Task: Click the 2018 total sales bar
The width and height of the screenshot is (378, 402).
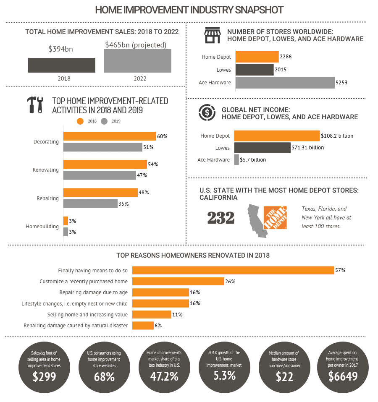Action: [x=61, y=65]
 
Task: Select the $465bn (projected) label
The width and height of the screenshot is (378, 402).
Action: [x=136, y=44]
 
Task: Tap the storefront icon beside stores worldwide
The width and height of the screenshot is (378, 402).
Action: [x=213, y=35]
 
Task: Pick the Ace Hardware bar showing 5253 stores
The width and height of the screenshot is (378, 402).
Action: [x=285, y=82]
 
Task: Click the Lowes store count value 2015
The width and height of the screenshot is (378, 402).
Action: [x=281, y=70]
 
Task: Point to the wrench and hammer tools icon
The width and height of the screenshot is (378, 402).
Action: [x=35, y=105]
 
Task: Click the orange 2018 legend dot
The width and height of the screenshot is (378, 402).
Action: [x=80, y=121]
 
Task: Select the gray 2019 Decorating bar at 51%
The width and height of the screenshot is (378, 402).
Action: [x=102, y=147]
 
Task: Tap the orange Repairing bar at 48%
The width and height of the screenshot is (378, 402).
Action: [x=100, y=193]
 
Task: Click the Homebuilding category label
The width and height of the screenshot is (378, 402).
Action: [x=42, y=227]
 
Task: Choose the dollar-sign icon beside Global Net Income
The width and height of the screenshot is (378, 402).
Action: [x=207, y=112]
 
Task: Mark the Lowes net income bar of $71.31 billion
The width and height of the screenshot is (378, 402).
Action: [x=262, y=148]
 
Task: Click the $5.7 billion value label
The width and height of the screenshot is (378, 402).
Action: [x=253, y=160]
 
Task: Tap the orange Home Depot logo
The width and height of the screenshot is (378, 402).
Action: [x=275, y=217]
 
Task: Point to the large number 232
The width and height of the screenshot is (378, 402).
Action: [x=221, y=218]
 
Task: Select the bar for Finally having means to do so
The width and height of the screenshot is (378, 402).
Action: [x=233, y=270]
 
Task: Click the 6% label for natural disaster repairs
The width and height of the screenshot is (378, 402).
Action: [x=158, y=325]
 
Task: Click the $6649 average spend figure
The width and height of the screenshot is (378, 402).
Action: [x=343, y=376]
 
